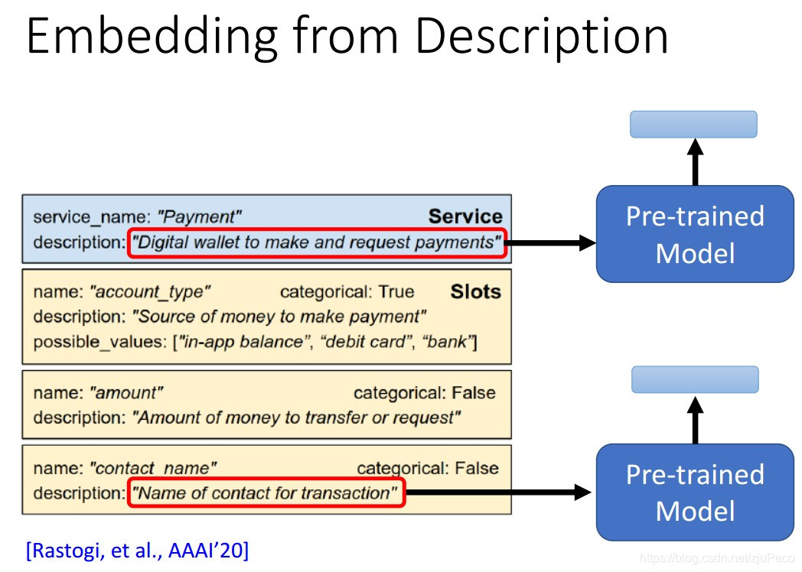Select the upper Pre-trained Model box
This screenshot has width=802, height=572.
tap(695, 233)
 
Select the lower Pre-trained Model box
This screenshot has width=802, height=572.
tap(695, 492)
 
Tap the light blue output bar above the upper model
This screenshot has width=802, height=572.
tap(693, 124)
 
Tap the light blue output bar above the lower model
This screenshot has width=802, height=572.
tap(695, 379)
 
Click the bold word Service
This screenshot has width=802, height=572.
tap(465, 216)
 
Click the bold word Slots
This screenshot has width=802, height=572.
tap(476, 291)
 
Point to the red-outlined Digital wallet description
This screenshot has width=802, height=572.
tap(316, 243)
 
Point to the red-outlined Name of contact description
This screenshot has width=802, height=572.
tap(265, 493)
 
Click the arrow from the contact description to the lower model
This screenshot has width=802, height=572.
tap(497, 493)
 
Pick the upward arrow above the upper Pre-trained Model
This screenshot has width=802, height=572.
tap(695, 161)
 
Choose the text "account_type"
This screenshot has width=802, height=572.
tap(150, 291)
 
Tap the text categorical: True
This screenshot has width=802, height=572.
tap(347, 291)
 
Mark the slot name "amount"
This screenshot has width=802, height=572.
tap(126, 393)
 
